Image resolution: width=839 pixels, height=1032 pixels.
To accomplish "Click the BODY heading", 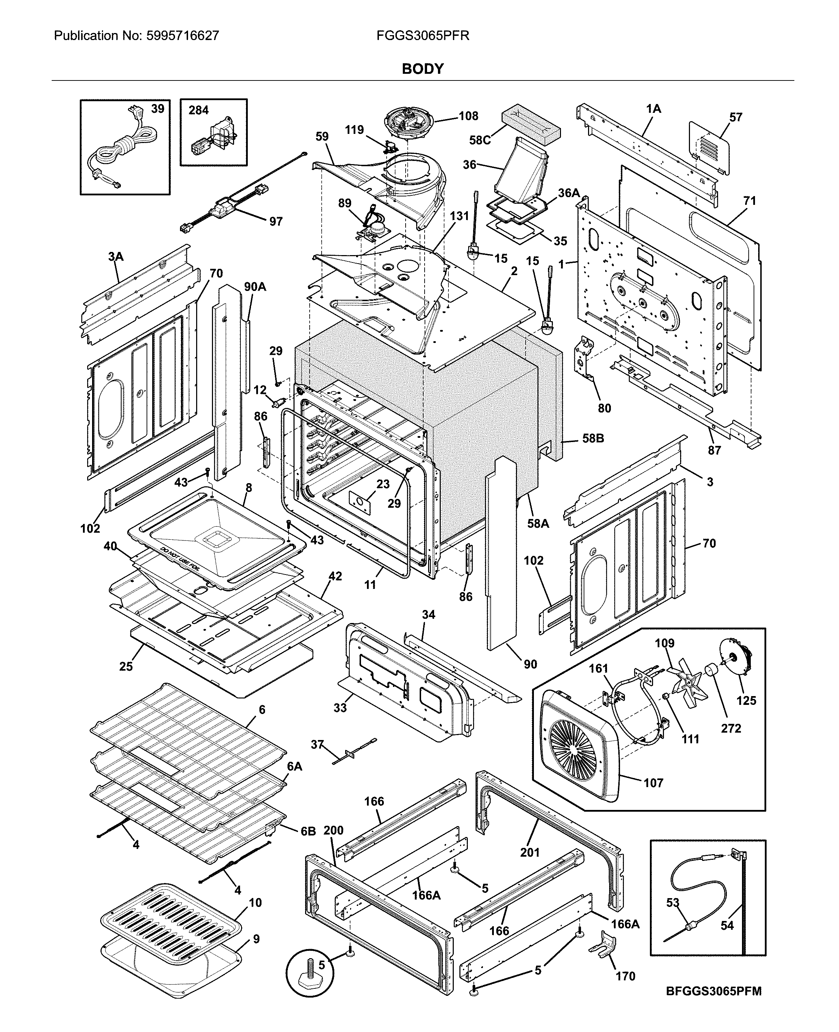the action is [x=422, y=69].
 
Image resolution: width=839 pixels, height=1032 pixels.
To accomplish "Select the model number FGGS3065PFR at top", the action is [x=422, y=36].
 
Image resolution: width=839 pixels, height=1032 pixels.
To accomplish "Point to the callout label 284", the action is [x=198, y=110].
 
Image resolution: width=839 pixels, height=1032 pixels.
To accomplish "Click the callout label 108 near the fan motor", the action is [x=468, y=116].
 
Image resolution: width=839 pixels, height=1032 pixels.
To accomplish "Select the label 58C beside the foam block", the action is [x=479, y=140].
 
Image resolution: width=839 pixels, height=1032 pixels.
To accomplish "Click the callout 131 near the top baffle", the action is [x=459, y=216].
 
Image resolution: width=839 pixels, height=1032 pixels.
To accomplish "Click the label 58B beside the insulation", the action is [x=593, y=439].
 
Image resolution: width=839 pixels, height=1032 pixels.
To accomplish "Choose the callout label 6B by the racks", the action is [x=308, y=831].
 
